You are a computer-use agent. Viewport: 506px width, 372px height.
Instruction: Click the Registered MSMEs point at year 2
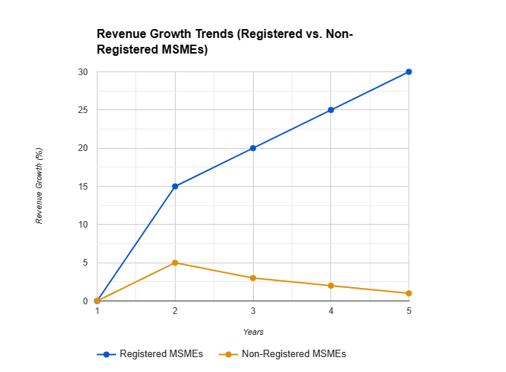175,186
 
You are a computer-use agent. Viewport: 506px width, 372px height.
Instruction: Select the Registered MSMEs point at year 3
253,148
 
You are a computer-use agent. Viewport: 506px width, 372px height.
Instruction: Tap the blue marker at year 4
330,110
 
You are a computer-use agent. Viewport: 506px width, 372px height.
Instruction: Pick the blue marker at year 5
409,72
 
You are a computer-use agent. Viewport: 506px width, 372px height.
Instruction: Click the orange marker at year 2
175,263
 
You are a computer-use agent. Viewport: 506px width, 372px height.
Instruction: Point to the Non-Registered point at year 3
253,278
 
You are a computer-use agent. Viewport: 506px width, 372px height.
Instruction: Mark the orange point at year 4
330,286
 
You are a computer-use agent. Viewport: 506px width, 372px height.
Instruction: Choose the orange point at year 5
409,293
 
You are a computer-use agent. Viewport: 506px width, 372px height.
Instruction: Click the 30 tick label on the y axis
83,72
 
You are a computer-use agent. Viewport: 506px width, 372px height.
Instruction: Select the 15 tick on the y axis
83,186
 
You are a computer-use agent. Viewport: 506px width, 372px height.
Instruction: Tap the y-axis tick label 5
85,263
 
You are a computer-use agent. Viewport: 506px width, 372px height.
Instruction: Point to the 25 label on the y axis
83,110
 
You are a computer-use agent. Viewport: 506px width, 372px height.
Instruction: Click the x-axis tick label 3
253,311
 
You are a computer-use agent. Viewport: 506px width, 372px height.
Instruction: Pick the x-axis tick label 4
330,311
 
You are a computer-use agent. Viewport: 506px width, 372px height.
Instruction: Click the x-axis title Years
253,332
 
